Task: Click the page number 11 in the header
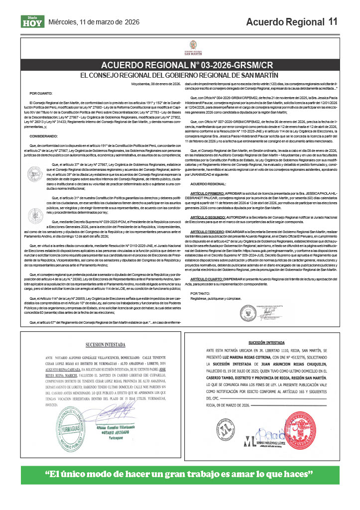(332, 22)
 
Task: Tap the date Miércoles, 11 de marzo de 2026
(94, 22)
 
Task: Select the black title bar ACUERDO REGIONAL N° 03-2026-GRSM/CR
(180, 65)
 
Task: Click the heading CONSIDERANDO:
(44, 134)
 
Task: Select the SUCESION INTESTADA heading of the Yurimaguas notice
(100, 344)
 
